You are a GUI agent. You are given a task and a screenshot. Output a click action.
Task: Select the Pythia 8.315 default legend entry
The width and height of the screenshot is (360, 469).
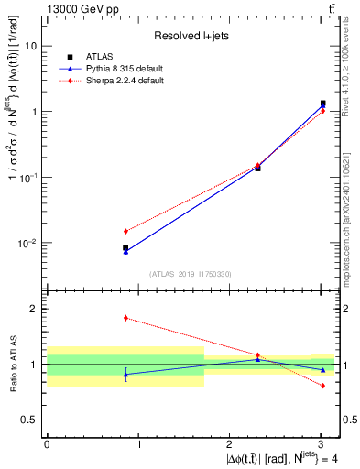coord(113,69)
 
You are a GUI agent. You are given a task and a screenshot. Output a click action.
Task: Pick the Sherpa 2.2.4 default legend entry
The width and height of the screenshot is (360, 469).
coord(112,81)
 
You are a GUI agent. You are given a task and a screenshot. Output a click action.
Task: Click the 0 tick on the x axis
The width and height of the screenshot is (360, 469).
coord(47,444)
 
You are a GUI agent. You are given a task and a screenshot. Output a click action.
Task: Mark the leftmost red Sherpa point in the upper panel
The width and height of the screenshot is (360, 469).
coord(125,231)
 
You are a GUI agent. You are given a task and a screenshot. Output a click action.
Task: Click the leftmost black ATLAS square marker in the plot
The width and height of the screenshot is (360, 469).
coord(125,247)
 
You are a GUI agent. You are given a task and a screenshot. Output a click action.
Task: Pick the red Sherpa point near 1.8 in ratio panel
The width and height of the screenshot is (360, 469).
coord(125,318)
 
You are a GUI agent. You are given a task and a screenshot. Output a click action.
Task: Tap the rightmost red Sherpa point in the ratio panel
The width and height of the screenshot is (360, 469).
coord(322,386)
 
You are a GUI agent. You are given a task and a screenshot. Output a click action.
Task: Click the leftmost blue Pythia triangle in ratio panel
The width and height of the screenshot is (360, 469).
coord(125,374)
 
